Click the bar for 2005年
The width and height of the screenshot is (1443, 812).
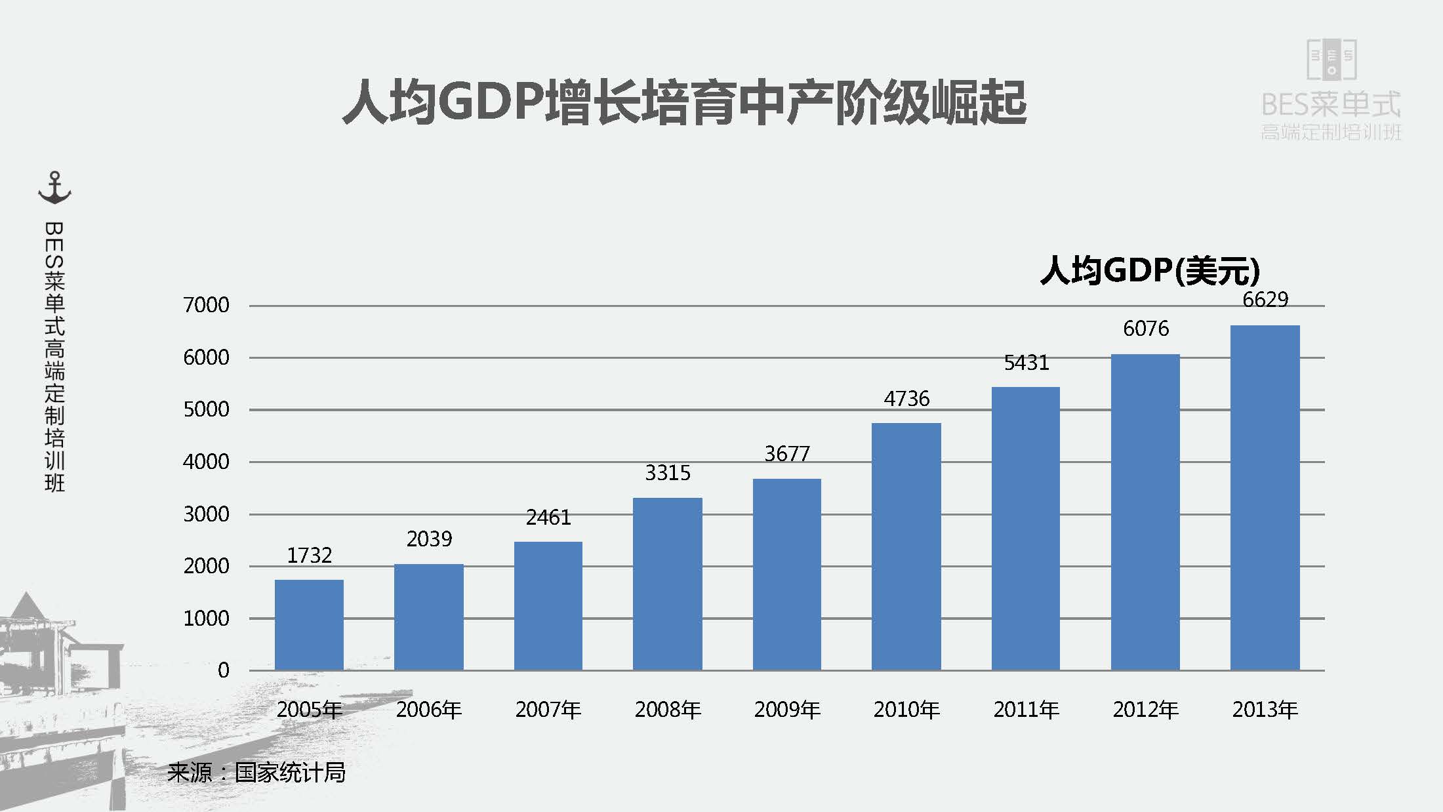click(x=309, y=624)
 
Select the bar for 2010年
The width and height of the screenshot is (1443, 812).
click(x=906, y=546)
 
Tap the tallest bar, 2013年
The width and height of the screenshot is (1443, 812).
click(x=1265, y=497)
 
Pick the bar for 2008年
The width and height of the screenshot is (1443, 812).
click(x=667, y=584)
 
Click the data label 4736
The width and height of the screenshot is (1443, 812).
click(x=906, y=399)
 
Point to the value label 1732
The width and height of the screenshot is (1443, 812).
click(x=310, y=556)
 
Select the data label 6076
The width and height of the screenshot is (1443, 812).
click(x=1146, y=329)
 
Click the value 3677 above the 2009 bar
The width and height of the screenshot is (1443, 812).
click(x=787, y=454)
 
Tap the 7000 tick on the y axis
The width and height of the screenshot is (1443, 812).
click(x=206, y=305)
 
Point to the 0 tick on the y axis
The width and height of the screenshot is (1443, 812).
click(x=223, y=670)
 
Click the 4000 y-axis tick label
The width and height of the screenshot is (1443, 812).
click(x=206, y=462)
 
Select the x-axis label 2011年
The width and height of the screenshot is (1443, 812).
click(x=1026, y=710)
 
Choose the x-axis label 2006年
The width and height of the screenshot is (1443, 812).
click(x=429, y=710)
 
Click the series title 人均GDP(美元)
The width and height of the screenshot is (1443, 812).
click(x=1150, y=270)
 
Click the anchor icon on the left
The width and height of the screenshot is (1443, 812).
click(x=54, y=188)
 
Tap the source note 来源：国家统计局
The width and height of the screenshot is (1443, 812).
click(x=256, y=773)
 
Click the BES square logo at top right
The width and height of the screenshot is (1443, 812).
click(x=1331, y=60)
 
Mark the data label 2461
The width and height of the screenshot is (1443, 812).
click(x=548, y=518)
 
